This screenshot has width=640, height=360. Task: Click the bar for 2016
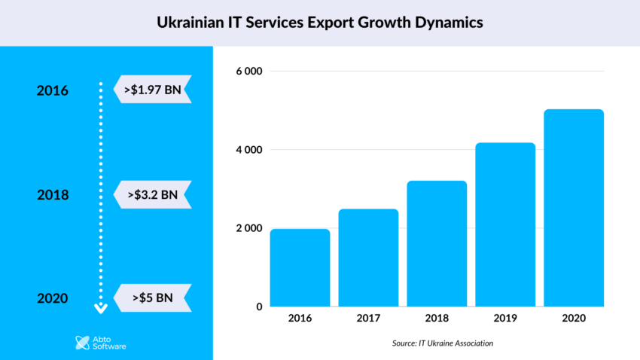(x=300, y=267)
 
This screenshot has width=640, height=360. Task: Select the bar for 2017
(x=368, y=258)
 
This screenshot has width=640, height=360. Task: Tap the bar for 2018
(x=437, y=243)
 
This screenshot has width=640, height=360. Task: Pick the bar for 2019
(x=505, y=224)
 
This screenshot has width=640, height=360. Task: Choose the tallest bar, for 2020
(x=574, y=208)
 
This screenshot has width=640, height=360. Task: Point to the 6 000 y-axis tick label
(x=248, y=72)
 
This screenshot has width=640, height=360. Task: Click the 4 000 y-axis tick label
(x=248, y=150)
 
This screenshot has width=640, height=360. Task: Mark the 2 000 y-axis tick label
(x=248, y=228)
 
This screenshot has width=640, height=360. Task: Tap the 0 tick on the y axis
(x=259, y=307)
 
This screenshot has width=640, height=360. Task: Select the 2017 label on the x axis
(x=368, y=319)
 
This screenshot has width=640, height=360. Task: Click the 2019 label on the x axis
(x=505, y=319)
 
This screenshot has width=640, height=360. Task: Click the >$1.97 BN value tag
(x=154, y=90)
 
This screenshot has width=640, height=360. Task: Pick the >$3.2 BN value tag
(x=154, y=194)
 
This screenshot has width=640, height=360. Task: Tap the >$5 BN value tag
(x=154, y=297)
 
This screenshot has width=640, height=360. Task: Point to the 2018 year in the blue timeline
(x=53, y=195)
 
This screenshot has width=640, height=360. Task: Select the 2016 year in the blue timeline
(x=53, y=90)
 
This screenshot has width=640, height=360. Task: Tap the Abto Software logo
(x=101, y=343)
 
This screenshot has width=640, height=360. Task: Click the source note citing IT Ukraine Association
(x=443, y=343)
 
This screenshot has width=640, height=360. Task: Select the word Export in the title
(x=318, y=23)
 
